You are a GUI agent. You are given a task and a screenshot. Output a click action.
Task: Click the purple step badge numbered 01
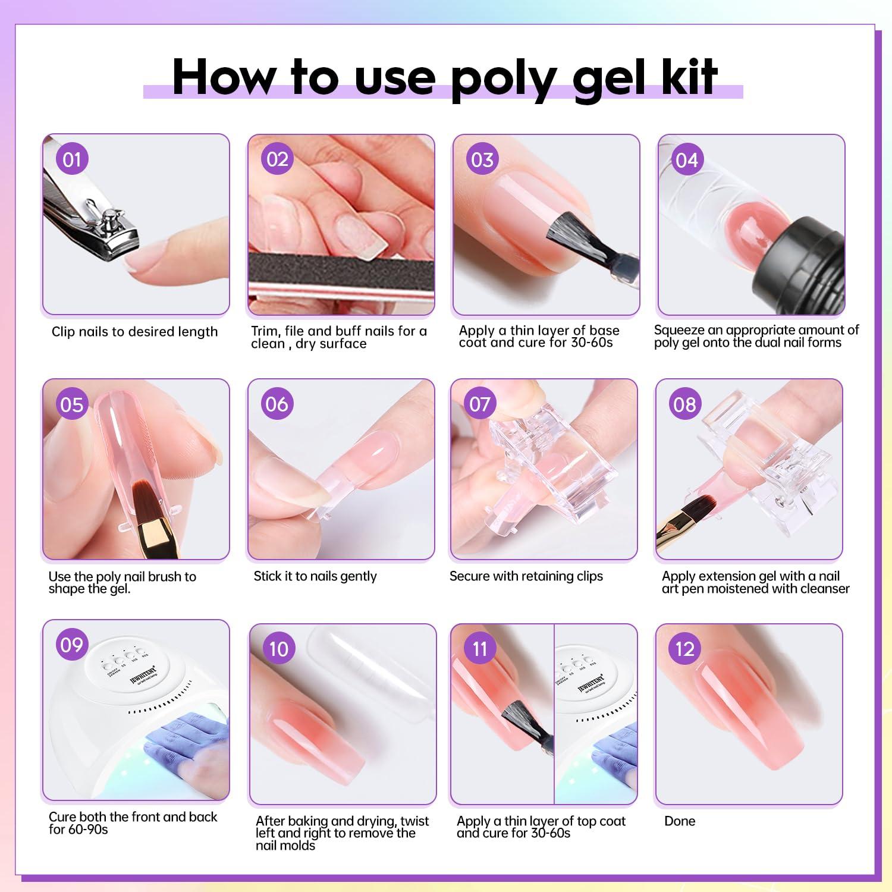(x=72, y=159)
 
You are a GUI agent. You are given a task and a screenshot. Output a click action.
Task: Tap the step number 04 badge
(x=686, y=160)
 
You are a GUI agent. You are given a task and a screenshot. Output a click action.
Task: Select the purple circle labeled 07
(x=480, y=404)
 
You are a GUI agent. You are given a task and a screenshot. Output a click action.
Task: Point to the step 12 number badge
(x=684, y=649)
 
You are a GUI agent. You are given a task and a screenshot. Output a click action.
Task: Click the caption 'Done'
(x=680, y=821)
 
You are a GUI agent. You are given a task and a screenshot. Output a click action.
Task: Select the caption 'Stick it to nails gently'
(x=315, y=576)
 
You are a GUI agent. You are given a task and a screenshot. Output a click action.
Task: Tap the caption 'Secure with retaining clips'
(x=526, y=576)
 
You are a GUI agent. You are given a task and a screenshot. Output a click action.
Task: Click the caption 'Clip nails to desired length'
(x=134, y=332)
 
